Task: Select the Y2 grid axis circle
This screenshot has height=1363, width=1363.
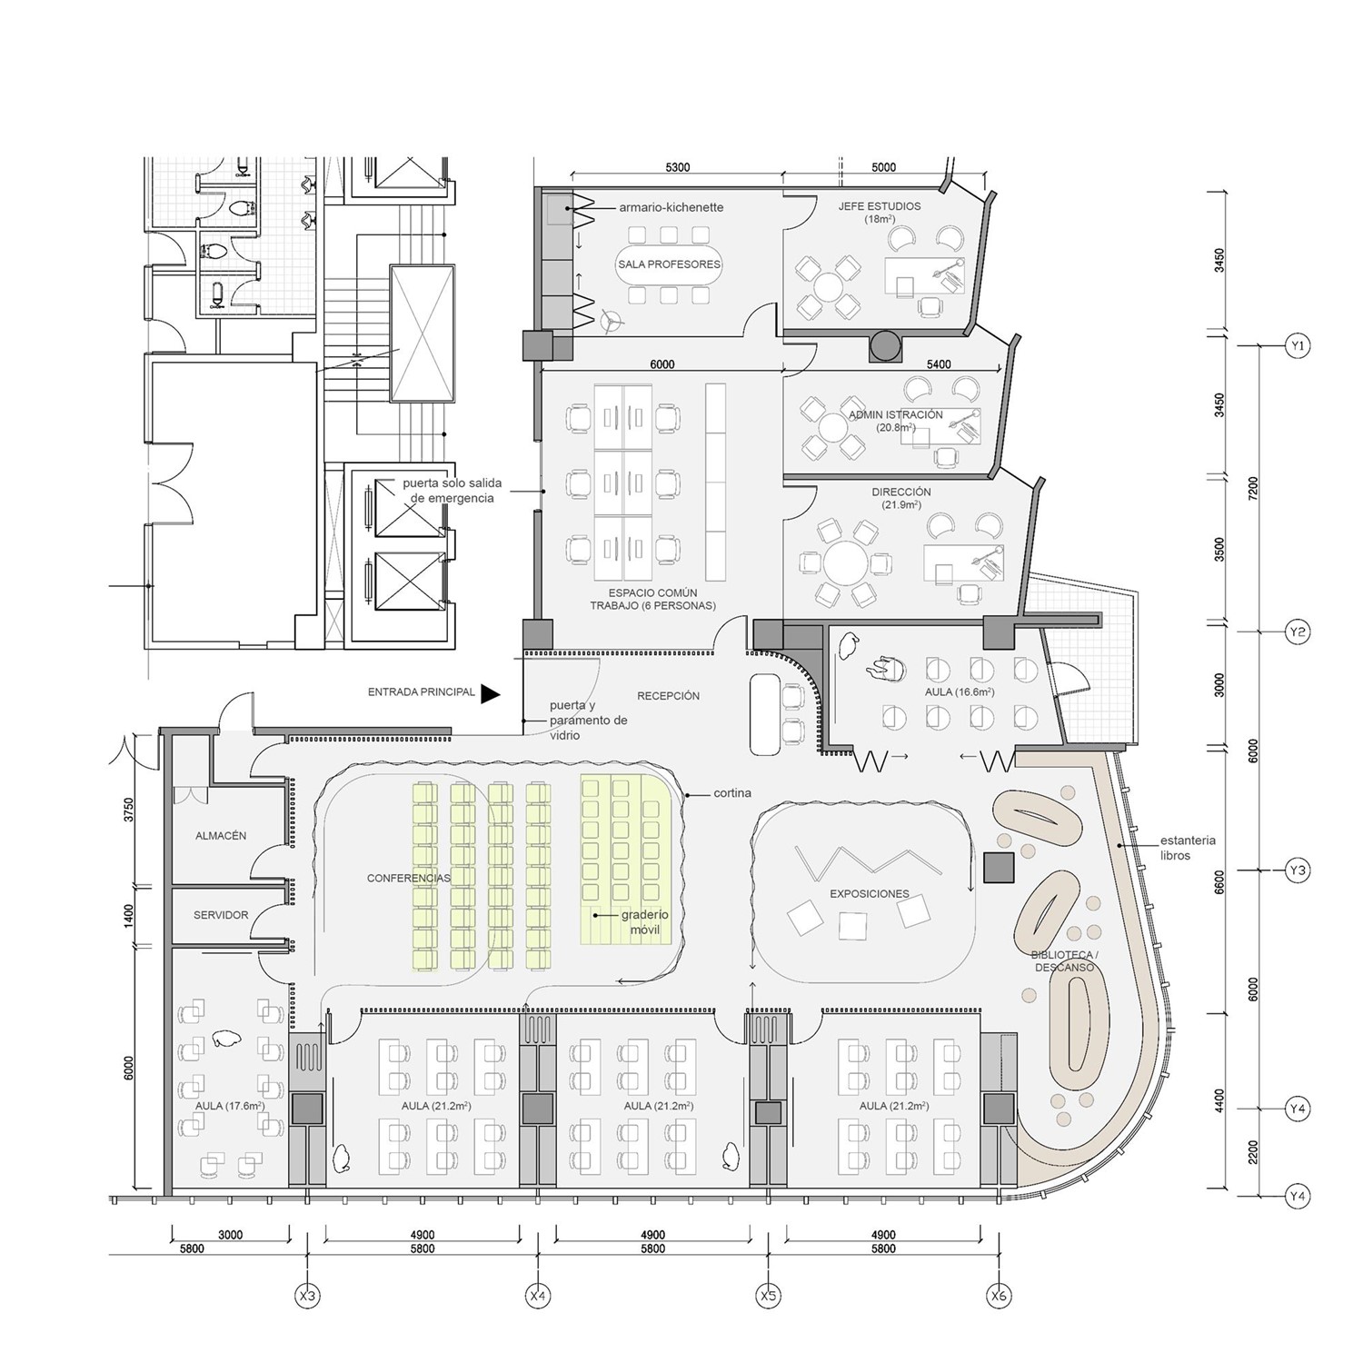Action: click(x=1298, y=632)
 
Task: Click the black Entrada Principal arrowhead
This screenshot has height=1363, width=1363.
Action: click(x=490, y=694)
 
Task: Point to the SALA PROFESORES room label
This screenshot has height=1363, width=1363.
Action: click(x=669, y=264)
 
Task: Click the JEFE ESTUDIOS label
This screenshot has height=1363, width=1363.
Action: click(x=879, y=207)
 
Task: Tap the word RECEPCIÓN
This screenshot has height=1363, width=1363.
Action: click(x=668, y=696)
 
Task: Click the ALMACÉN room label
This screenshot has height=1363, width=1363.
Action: click(x=221, y=836)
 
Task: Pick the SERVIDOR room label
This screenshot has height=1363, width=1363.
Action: click(x=221, y=915)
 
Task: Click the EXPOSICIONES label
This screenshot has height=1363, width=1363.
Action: click(x=869, y=894)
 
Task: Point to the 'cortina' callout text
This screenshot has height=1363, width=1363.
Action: click(x=731, y=793)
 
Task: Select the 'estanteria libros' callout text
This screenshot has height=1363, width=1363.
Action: click(x=1187, y=848)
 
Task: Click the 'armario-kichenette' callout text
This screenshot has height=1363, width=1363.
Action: click(x=671, y=207)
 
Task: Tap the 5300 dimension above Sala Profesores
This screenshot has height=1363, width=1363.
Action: click(x=677, y=167)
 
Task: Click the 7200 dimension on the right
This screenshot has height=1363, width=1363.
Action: click(x=1253, y=488)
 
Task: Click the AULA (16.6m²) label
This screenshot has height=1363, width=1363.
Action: click(x=959, y=692)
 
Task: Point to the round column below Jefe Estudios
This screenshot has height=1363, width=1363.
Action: click(x=885, y=344)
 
